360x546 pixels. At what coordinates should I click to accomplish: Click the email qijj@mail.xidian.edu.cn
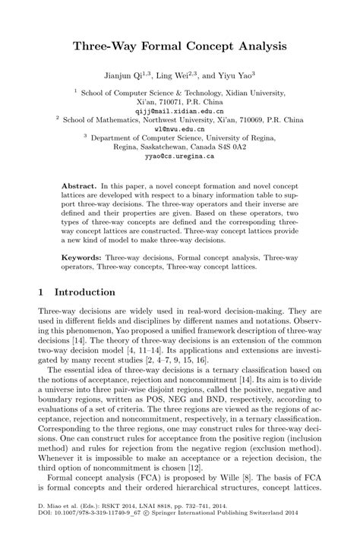(x=180, y=110)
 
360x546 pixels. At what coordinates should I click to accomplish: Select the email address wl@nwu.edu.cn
(x=180, y=129)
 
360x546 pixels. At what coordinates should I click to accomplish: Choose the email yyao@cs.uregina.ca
(x=180, y=156)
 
